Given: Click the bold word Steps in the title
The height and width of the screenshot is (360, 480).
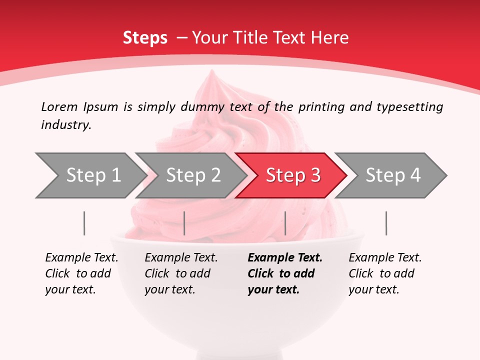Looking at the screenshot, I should (x=145, y=38).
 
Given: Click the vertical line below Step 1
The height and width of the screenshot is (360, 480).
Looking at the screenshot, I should (x=84, y=223).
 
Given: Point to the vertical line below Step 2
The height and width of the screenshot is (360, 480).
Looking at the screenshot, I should (x=184, y=223).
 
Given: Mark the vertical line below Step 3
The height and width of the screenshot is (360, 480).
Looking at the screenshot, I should (x=285, y=223).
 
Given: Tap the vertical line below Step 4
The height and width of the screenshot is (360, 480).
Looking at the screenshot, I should (x=386, y=223).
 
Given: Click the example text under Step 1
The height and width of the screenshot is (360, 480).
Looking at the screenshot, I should (x=81, y=273).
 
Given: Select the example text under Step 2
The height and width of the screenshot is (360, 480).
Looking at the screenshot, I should (x=181, y=273).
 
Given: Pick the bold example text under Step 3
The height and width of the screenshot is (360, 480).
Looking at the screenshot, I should (x=285, y=273).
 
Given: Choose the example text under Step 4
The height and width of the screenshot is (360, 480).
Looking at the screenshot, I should (x=385, y=273).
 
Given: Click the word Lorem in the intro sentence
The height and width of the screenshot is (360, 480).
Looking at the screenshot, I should (x=59, y=106).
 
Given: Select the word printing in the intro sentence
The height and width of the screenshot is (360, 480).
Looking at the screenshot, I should (x=322, y=107).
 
